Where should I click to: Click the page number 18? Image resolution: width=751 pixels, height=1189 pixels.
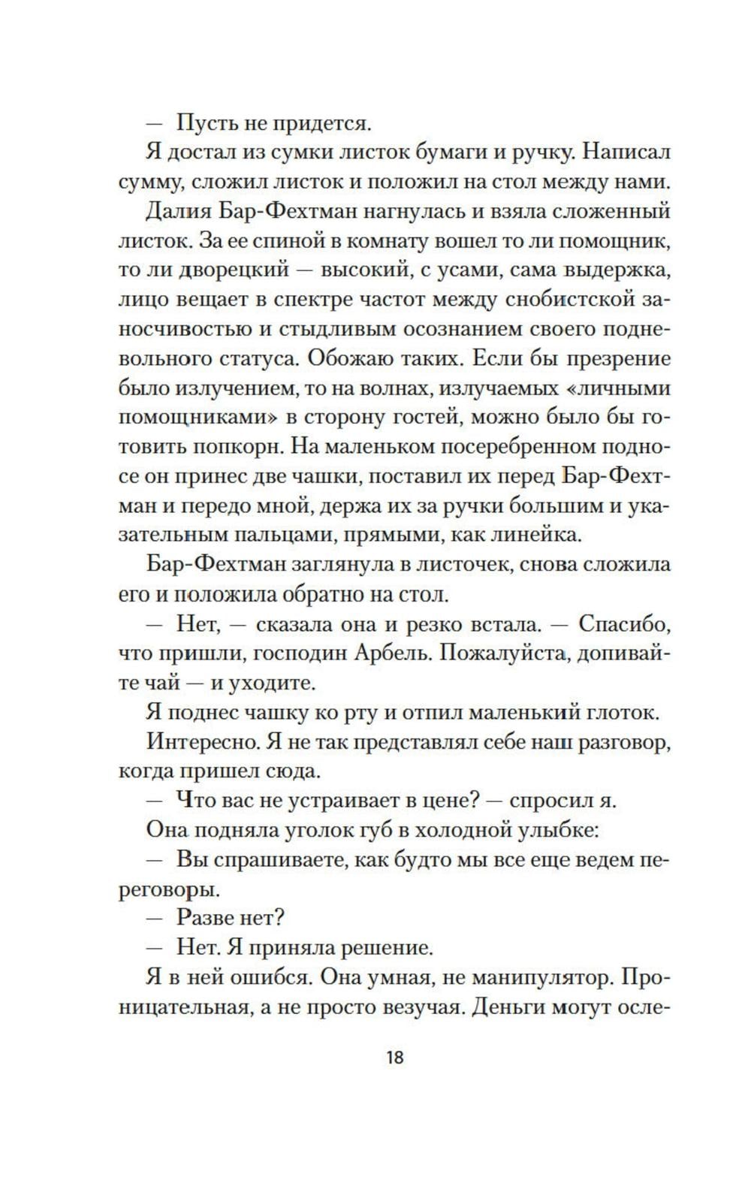[395, 1058]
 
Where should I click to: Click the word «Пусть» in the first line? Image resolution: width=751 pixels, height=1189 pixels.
[204, 121]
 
